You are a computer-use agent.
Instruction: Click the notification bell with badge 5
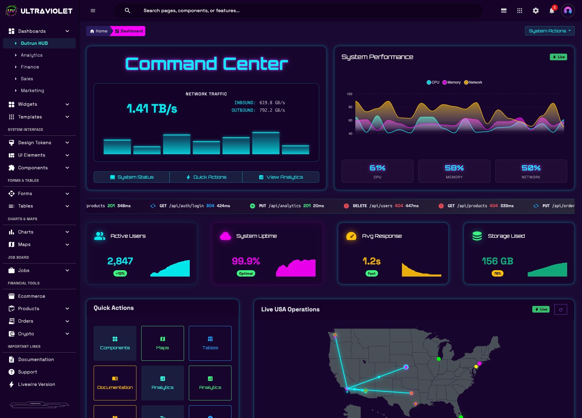pos(552,11)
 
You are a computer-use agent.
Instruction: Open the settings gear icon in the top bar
pos(536,11)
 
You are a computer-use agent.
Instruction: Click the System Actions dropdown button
pos(549,31)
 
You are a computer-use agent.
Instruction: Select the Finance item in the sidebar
pos(30,67)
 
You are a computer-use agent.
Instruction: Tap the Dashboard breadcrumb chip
pos(129,31)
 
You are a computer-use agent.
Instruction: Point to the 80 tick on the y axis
pos(350,107)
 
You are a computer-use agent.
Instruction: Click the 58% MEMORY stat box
pos(454,171)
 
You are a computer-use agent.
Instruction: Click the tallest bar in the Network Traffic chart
pos(266,143)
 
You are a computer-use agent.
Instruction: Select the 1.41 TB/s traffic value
pos(152,108)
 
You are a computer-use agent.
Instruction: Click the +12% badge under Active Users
pos(120,274)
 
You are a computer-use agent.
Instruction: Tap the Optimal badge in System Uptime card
pos(246,274)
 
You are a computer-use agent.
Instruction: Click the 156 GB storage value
pos(497,261)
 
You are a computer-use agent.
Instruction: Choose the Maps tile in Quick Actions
pos(162,343)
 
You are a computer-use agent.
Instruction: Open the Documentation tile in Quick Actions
pos(115,383)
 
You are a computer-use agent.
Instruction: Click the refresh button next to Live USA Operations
pos(560,310)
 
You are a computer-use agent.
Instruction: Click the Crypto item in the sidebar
pos(26,334)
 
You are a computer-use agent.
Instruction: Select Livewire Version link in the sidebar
pos(36,384)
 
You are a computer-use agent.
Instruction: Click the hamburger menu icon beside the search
pos(93,11)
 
